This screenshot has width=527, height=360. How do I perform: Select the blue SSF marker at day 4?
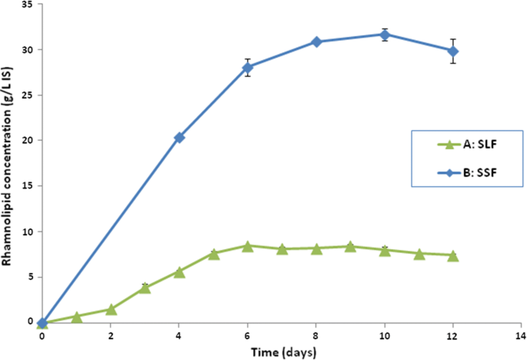click(179, 137)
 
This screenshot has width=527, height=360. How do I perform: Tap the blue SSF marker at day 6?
click(248, 68)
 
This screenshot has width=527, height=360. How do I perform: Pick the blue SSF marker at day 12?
click(453, 51)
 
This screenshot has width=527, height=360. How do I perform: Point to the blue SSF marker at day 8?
click(316, 42)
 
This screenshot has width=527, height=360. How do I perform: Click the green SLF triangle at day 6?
click(248, 246)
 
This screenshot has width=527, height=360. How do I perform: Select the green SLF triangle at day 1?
click(77, 316)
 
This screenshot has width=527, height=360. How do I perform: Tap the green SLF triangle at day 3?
click(145, 288)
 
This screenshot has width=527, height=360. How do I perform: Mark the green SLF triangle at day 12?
click(453, 255)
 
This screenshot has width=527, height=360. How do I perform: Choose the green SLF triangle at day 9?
click(350, 247)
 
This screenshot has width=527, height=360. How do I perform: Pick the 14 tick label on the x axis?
click(522, 337)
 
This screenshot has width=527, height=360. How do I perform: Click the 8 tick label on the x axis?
click(316, 337)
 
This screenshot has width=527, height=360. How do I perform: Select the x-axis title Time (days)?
click(282, 352)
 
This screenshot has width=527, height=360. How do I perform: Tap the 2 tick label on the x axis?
click(111, 337)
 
